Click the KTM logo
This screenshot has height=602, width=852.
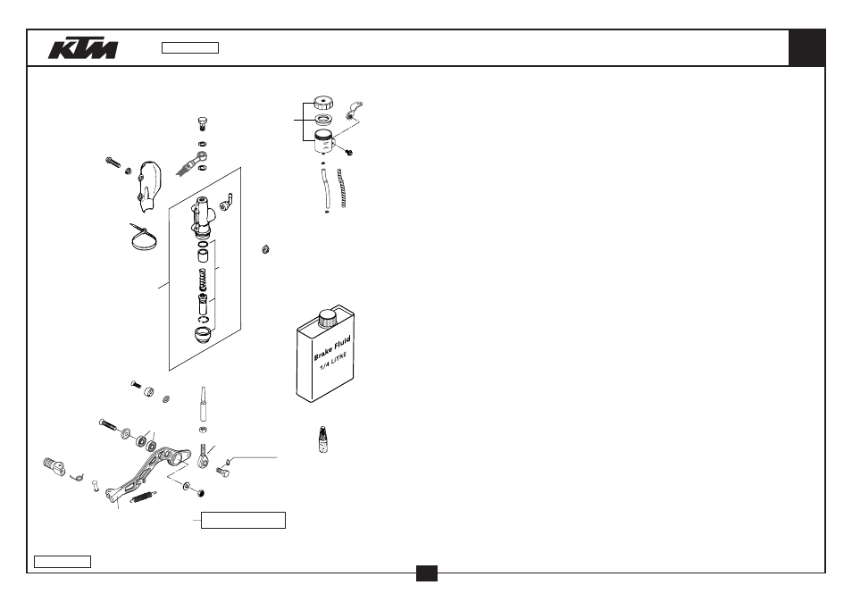82,48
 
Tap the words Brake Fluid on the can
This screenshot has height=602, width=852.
332,347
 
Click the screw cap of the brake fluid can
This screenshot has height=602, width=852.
328,318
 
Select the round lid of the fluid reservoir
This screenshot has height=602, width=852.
323,103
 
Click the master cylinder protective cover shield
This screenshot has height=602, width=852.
148,186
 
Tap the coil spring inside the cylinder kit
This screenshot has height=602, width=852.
203,280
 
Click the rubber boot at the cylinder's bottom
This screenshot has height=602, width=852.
203,334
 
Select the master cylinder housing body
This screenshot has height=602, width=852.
202,217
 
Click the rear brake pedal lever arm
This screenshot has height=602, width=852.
146,471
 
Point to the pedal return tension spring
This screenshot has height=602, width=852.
144,497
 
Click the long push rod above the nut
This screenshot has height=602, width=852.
204,405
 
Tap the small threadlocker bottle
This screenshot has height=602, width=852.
322,439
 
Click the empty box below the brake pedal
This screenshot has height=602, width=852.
243,520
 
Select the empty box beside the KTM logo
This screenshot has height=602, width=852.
190,48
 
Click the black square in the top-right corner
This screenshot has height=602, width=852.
806,48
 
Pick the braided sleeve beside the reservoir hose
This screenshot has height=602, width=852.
342,188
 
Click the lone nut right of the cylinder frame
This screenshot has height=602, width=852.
265,249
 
